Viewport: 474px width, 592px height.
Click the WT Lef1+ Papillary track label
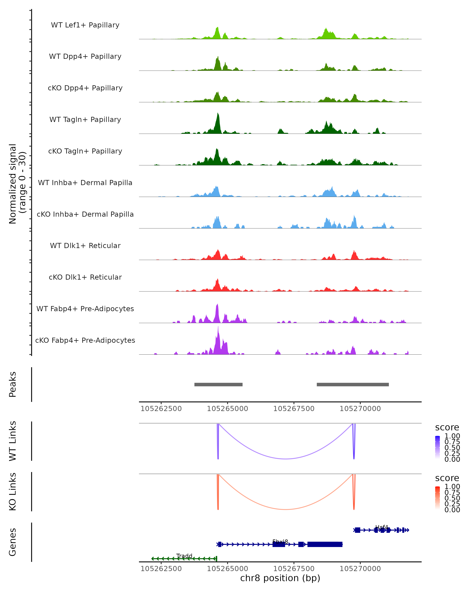pos(85,25)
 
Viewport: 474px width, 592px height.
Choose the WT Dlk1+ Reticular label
pos(85,245)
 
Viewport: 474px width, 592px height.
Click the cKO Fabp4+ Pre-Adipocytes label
pos(85,340)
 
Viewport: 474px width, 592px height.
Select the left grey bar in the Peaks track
pos(218,384)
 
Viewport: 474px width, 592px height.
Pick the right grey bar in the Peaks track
pos(353,384)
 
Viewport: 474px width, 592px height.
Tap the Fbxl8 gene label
pos(280,541)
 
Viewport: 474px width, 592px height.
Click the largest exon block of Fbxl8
pos(325,544)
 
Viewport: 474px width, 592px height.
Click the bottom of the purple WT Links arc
pos(286,459)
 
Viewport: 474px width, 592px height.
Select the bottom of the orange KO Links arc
pos(286,509)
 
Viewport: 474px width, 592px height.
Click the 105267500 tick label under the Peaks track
pos(294,409)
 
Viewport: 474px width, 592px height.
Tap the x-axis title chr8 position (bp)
pos(280,578)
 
